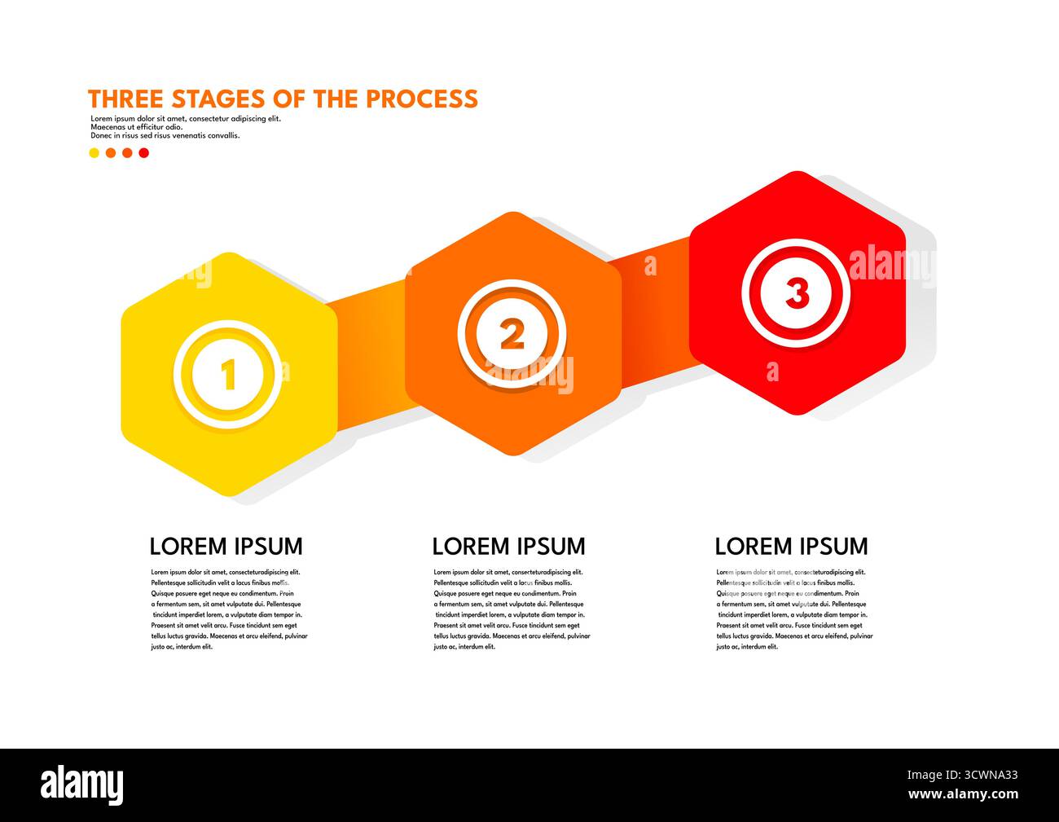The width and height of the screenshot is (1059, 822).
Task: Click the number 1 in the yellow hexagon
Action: (228, 375)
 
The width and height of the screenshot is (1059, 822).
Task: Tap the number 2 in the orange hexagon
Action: (512, 334)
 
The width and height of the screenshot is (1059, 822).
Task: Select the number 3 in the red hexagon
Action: (797, 293)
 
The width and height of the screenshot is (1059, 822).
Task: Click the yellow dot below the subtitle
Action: (94, 152)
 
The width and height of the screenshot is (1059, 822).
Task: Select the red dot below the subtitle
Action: (143, 152)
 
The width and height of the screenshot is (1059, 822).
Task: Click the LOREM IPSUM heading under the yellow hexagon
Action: (226, 546)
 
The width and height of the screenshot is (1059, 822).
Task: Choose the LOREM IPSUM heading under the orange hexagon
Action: (508, 546)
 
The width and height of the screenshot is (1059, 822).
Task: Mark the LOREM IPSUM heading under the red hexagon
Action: (791, 546)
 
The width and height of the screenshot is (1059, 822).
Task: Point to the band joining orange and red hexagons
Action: (656, 310)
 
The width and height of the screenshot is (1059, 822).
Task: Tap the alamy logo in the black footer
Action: (82, 783)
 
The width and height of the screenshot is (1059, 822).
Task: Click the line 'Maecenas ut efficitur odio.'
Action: (137, 127)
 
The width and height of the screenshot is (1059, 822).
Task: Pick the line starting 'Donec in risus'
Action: (165, 136)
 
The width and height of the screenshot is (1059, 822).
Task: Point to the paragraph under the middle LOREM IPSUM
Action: (512, 609)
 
